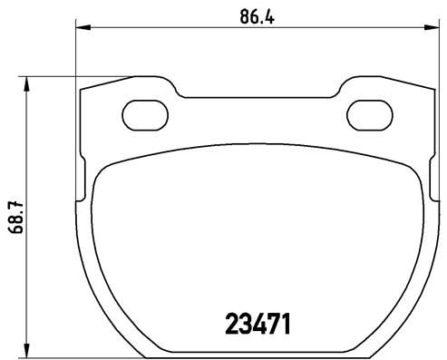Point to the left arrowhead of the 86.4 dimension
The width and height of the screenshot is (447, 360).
[x=80, y=28]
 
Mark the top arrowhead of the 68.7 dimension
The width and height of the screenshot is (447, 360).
[x=28, y=83]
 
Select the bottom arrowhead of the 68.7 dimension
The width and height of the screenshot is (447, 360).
[x=28, y=350]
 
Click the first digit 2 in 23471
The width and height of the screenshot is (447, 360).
[x=231, y=323]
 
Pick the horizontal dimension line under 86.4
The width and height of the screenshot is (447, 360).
[x=181, y=28]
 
